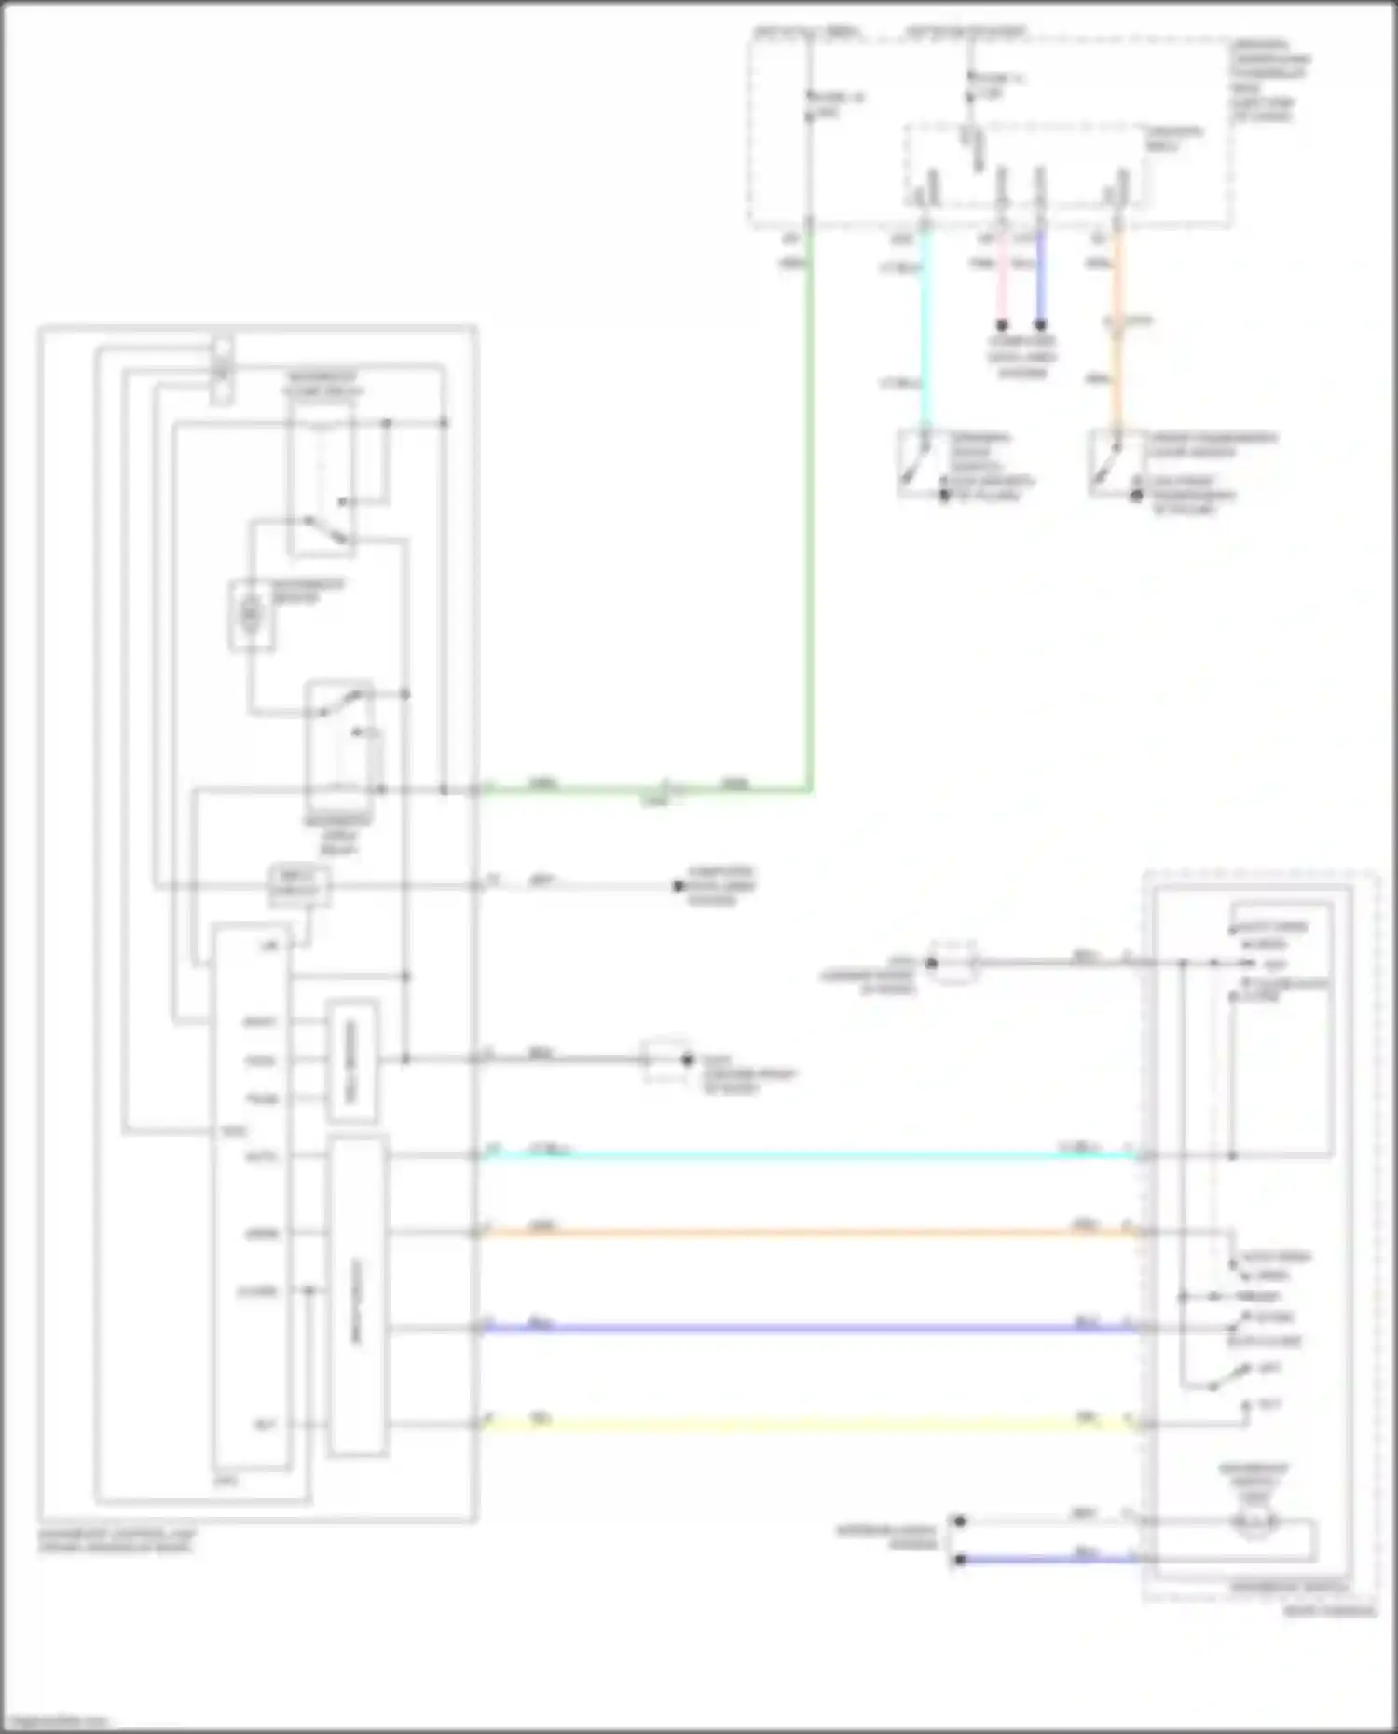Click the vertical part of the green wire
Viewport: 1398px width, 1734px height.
pos(809,512)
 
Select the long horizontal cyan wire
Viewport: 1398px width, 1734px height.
pos(811,1156)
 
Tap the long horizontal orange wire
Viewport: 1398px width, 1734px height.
pos(811,1234)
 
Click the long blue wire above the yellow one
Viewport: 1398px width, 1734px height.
pos(811,1329)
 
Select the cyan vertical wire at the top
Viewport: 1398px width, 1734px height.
pos(925,326)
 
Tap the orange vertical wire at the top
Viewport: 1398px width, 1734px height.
pos(1117,326)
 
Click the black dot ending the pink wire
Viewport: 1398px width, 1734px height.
pos(1002,325)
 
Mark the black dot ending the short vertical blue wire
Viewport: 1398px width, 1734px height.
pos(1040,325)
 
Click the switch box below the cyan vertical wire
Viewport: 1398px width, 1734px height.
pos(922,461)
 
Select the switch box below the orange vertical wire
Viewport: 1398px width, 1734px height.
pos(1112,461)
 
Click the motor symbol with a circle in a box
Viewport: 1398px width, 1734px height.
pos(252,614)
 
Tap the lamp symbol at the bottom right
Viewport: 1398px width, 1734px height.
pos(1254,1524)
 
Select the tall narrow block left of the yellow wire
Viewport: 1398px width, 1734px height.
pos(358,1297)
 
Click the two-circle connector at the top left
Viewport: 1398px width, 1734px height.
pos(222,370)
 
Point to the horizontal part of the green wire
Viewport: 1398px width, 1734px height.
pos(643,791)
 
